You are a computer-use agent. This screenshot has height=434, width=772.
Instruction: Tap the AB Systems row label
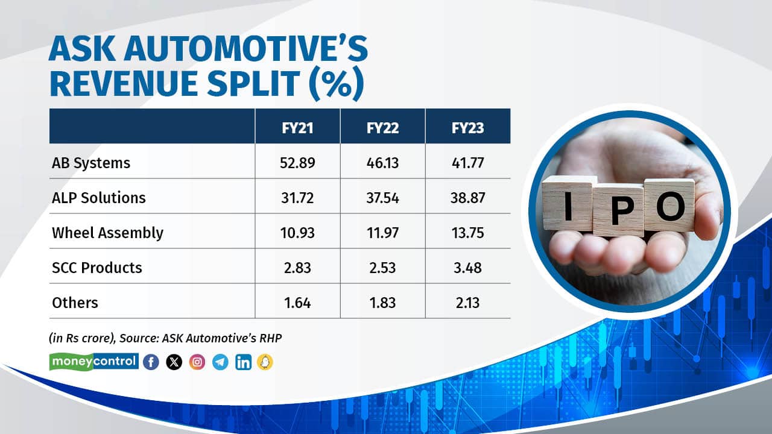click(x=91, y=162)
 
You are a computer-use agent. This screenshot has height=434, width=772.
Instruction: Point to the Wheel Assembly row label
click(x=107, y=233)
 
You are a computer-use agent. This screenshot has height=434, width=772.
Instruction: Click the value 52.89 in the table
click(x=297, y=162)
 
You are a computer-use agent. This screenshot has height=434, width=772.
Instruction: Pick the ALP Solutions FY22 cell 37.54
click(x=382, y=198)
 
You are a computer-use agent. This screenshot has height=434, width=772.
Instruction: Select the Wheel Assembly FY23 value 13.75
click(x=467, y=233)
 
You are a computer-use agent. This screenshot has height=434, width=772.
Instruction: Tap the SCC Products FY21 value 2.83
click(x=297, y=268)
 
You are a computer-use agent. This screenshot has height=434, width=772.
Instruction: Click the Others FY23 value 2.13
click(x=467, y=303)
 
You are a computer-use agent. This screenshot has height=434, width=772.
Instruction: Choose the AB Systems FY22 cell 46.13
click(x=382, y=162)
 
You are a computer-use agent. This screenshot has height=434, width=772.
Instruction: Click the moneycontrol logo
click(x=93, y=362)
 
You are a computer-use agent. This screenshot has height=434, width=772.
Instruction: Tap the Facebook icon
click(x=151, y=362)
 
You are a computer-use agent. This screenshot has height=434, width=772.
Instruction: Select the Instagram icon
click(x=197, y=362)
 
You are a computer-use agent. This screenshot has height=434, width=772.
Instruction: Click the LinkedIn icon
click(x=243, y=362)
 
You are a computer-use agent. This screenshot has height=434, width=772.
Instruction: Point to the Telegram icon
click(x=220, y=362)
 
